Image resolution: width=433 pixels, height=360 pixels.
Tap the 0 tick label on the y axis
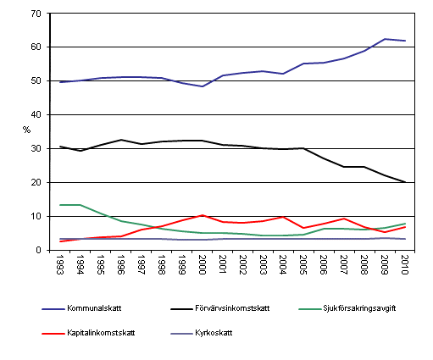(x=37, y=250)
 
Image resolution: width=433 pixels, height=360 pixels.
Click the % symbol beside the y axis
(x=25, y=130)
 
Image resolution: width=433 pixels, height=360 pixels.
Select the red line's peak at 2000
(x=201, y=215)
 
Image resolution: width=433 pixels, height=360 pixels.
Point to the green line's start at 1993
(x=59, y=205)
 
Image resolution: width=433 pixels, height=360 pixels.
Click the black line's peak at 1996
(x=120, y=140)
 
